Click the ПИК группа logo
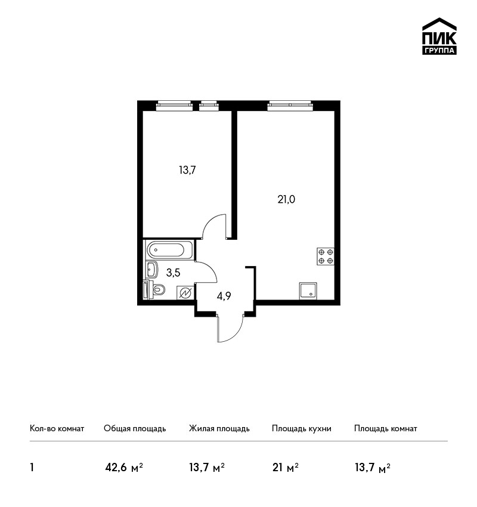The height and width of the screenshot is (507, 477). [x=439, y=36]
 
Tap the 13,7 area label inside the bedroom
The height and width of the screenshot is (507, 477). [x=187, y=170]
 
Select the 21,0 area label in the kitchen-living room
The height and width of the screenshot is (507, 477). [x=286, y=199]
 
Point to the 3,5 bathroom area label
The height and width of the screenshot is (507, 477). [x=174, y=273]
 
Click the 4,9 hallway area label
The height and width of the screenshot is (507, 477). [x=224, y=296]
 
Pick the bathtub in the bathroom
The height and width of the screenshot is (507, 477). [x=170, y=249]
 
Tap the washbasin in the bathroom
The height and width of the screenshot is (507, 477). [x=151, y=270]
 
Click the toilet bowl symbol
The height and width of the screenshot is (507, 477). [x=155, y=289]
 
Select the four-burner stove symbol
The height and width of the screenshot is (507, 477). [x=326, y=256]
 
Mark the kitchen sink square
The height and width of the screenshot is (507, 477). [x=308, y=290]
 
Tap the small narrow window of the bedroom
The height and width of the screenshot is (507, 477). [x=209, y=106]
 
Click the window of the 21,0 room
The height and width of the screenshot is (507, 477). [x=290, y=106]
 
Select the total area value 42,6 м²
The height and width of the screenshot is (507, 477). [x=124, y=468]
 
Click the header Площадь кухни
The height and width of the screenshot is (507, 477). [x=302, y=429]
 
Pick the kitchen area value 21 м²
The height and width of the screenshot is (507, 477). [x=286, y=468]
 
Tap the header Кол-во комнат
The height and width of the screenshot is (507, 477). [x=57, y=428]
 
